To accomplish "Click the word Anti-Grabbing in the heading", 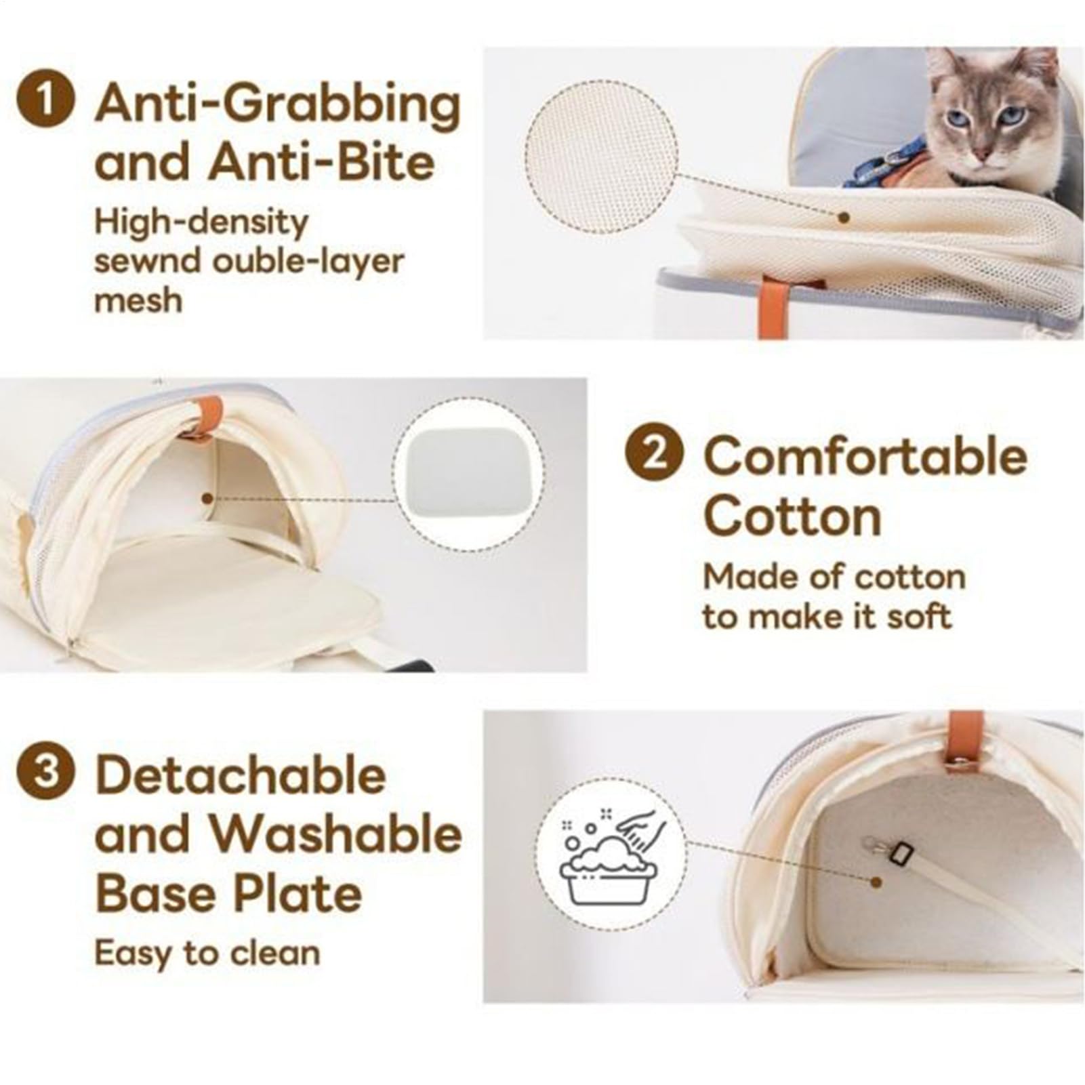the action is click(278, 106).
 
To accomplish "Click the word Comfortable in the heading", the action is click(865, 455).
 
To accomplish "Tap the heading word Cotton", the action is click(792, 516).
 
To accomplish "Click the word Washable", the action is click(339, 834).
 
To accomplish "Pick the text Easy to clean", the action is click(207, 954).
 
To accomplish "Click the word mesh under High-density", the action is click(138, 300).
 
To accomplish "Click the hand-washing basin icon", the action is click(609, 861).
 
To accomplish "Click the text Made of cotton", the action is click(834, 578).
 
